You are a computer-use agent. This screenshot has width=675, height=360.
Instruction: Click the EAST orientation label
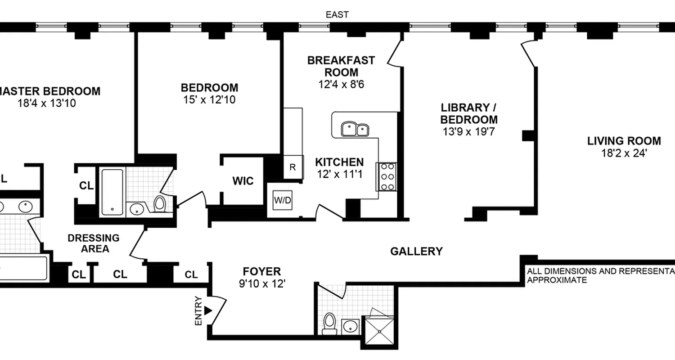point(337,15)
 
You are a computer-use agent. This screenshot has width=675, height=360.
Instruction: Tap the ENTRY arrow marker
point(207,310)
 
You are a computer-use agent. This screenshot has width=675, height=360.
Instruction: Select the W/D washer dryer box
point(283,200)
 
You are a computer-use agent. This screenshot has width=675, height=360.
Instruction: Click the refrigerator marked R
point(292,167)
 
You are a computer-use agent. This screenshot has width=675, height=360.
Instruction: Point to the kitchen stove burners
point(387,176)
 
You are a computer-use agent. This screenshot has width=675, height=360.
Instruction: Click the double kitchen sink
point(355,129)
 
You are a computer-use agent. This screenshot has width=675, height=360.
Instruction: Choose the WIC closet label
point(243,181)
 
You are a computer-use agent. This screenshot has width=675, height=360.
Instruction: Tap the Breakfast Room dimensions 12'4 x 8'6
point(341,84)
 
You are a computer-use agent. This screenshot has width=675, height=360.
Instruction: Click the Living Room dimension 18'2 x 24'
point(624,153)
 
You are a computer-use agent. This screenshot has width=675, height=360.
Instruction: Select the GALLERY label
point(416,251)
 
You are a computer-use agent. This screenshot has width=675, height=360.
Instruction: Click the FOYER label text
point(261,271)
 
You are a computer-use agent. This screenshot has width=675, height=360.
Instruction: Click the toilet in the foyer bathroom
point(330,324)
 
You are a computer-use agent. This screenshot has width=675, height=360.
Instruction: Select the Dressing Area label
point(94,243)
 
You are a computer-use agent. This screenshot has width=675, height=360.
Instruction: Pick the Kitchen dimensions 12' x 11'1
point(339,174)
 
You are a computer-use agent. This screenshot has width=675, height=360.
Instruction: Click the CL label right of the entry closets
point(191,274)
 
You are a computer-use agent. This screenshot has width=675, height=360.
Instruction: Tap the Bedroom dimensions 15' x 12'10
point(209,99)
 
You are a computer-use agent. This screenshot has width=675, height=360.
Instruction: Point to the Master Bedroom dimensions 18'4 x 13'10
point(47,103)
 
